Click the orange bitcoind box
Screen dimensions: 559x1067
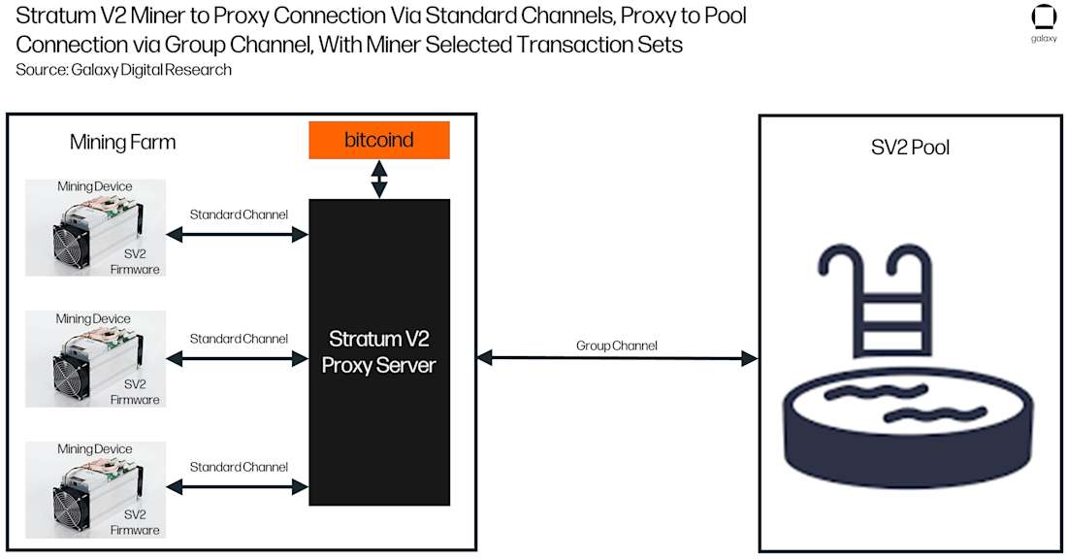coord(379,140)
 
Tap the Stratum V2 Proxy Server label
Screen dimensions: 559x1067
coord(379,351)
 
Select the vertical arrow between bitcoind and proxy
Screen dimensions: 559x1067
coord(379,179)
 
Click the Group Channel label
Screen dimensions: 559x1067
coord(616,345)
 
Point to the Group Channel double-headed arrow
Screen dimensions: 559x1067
coord(616,358)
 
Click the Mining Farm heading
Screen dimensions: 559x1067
coord(123,143)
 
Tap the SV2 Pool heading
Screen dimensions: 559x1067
coord(910,148)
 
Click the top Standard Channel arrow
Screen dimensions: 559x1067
coord(238,234)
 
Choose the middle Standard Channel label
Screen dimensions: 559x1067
coord(239,339)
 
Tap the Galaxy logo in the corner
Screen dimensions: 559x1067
coord(1044,19)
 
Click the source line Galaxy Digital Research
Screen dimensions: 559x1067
coord(123,70)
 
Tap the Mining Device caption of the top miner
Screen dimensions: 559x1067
coord(94,186)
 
